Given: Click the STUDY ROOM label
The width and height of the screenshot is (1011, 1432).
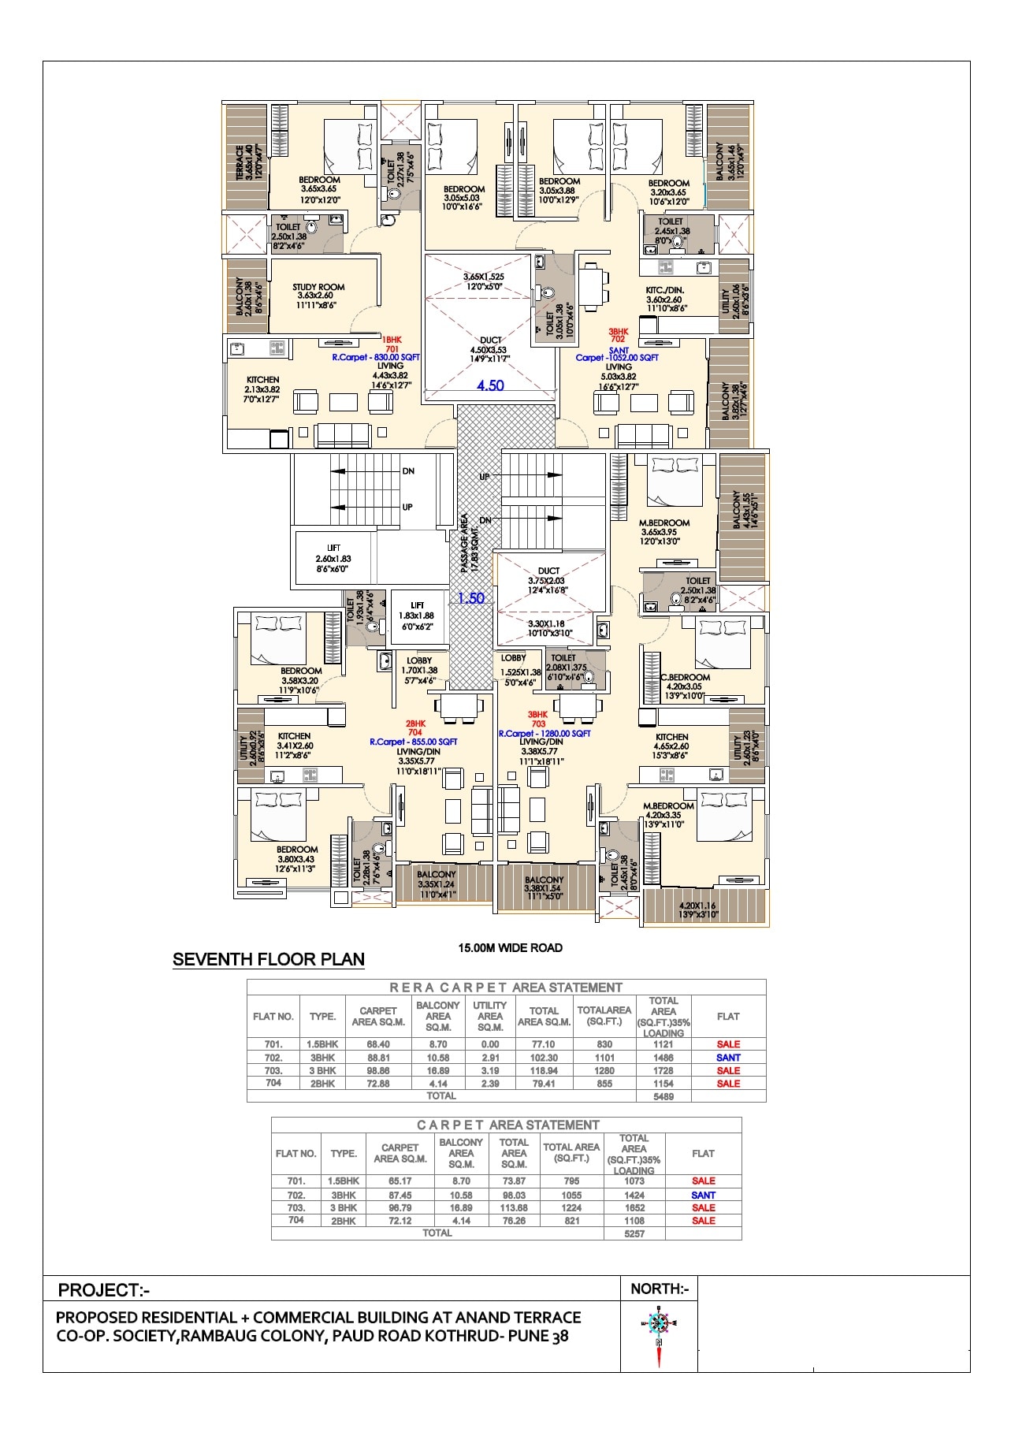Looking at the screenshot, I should [x=318, y=288].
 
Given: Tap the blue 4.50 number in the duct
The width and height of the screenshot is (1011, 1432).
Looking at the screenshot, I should [x=490, y=385].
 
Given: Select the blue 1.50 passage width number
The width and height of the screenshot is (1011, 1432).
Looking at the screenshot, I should [x=470, y=598].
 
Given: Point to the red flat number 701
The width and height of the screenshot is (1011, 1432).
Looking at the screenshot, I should [x=392, y=348].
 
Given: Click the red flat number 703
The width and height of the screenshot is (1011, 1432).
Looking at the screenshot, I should [x=538, y=723].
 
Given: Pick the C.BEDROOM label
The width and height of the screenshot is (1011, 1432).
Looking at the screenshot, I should [x=685, y=677].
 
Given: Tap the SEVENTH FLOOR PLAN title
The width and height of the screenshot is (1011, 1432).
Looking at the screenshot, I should [x=269, y=959].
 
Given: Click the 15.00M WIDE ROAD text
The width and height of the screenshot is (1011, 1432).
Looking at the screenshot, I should [x=510, y=947].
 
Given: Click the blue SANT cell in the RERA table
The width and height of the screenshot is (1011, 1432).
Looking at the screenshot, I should [x=728, y=1058].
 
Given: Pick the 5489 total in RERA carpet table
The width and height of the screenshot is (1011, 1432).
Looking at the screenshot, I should [x=663, y=1096].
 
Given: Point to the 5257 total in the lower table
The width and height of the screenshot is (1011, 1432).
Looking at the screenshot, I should [x=634, y=1233].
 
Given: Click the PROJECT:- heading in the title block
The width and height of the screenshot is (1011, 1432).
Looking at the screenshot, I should [x=103, y=1290].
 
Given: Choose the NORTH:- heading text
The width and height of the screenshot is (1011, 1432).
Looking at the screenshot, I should [x=660, y=1289].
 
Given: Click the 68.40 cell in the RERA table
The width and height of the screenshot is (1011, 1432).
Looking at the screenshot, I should [x=377, y=1044].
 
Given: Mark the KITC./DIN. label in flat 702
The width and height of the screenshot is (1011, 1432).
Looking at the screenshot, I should [x=663, y=290].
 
